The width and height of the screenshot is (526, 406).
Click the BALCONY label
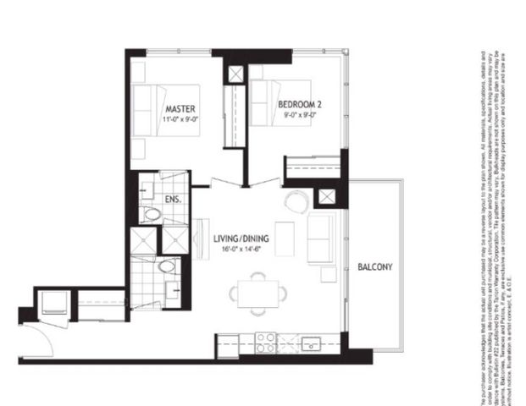pyautogui.click(x=374, y=266)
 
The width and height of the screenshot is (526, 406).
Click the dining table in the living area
pyautogui.click(x=253, y=293)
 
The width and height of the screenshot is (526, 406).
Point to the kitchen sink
pyautogui.click(x=310, y=344)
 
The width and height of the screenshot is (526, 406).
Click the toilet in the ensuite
pyautogui.click(x=152, y=213)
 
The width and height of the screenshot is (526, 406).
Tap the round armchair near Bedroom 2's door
pyautogui.click(x=296, y=202)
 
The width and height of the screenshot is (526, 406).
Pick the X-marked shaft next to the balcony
pyautogui.click(x=326, y=197)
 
